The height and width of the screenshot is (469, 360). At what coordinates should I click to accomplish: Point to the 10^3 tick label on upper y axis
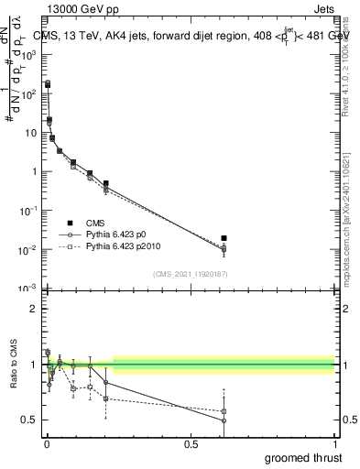30,55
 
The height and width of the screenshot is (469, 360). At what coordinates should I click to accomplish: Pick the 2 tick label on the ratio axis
33,309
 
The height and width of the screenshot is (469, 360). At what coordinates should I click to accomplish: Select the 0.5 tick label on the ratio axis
30,420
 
